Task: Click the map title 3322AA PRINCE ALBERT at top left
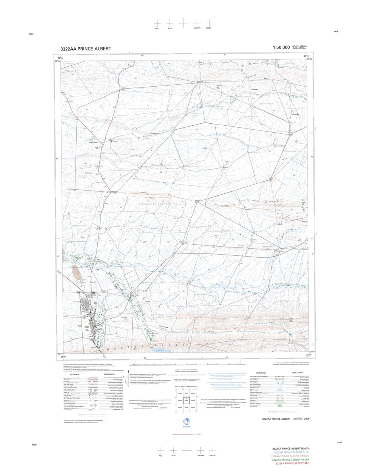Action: [86, 49]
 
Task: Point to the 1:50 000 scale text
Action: [281, 48]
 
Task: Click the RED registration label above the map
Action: [157, 29]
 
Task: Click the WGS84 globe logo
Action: [184, 423]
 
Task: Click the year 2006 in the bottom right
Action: [306, 419]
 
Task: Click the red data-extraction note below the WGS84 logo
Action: [184, 434]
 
